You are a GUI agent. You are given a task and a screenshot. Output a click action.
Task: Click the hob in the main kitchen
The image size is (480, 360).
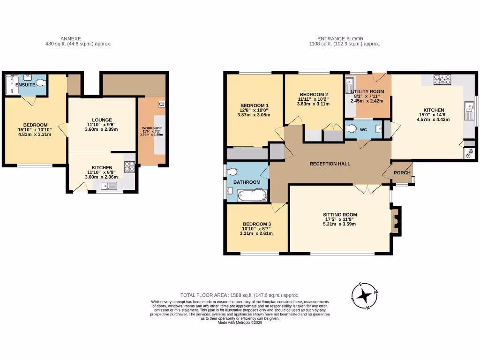pos(442,79)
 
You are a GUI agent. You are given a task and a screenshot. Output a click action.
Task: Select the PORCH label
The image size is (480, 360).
pos(402,173)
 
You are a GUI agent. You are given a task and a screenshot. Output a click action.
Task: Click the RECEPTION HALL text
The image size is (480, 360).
pos(330,164)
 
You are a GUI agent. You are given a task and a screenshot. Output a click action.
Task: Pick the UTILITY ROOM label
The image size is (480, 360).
pos(368,91)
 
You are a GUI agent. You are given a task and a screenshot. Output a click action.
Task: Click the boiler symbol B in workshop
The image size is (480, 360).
pos(161,104)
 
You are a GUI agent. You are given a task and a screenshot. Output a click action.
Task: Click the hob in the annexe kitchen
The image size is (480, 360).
pos(129,166)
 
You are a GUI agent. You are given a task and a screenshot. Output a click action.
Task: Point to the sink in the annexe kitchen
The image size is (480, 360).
pos(109,186)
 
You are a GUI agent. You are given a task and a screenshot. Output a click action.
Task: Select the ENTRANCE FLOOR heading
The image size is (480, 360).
pos(340,39)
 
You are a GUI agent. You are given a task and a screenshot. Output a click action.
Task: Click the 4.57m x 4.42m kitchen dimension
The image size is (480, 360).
pos(434,119)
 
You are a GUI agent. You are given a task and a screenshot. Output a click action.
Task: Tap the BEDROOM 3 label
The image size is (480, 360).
pos(256,224)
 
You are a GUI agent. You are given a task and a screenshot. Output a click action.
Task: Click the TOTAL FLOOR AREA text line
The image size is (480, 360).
pos(240,295)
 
